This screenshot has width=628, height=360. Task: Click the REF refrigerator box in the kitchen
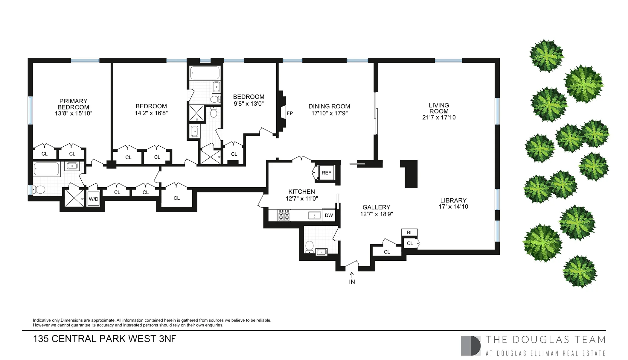click(x=326, y=173)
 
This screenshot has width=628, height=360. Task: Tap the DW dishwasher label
click(x=329, y=215)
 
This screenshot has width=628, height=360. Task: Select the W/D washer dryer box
click(x=93, y=199)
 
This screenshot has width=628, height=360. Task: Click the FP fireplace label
click(x=289, y=113)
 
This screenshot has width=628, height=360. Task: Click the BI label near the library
click(x=409, y=233)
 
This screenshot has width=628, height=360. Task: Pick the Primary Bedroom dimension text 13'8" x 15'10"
click(x=73, y=113)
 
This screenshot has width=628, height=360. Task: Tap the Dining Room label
click(x=329, y=106)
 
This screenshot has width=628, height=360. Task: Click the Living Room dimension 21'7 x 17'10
click(x=439, y=118)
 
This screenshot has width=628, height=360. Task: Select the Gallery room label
click(x=376, y=207)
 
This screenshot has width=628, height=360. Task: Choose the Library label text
click(x=453, y=200)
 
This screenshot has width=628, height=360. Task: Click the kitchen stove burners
click(x=284, y=215)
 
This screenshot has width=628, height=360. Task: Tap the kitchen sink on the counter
click(x=315, y=215)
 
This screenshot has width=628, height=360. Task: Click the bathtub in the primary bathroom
click(x=47, y=169)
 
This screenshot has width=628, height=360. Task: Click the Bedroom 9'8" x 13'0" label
click(x=249, y=97)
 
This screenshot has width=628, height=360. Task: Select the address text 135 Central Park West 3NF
click(x=104, y=339)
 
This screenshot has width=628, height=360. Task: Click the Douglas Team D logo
click(x=470, y=346)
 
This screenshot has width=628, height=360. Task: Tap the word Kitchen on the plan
click(x=301, y=192)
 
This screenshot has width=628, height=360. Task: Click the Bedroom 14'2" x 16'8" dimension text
click(x=151, y=113)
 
